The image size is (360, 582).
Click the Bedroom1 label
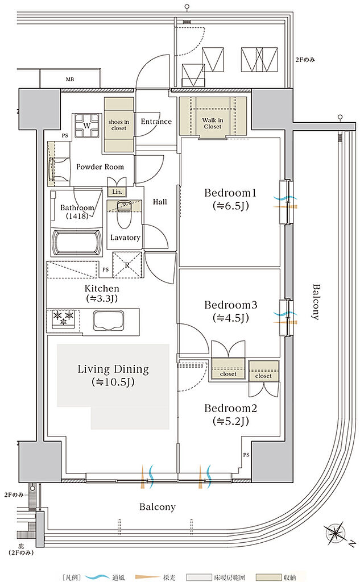[230, 193]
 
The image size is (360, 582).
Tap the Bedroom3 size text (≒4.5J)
[231, 318]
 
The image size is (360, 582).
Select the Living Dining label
[113, 369]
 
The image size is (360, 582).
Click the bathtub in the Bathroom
[77, 243]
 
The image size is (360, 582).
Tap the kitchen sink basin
[109, 320]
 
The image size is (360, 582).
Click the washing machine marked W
[87, 126]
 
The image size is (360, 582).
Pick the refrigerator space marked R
[127, 265]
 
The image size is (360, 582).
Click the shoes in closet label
[119, 124]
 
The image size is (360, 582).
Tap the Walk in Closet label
[213, 123]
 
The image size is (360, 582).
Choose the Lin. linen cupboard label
[117, 192]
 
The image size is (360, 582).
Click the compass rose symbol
[336, 533]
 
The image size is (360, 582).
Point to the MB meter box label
[70, 80]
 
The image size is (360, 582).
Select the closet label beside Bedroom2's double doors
[263, 376]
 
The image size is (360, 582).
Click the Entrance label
[156, 122]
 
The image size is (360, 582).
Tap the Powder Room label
[100, 167]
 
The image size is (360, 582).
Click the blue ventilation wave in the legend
[97, 577]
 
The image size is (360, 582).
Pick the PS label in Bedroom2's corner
[246, 455]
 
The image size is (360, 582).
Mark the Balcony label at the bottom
[157, 507]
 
